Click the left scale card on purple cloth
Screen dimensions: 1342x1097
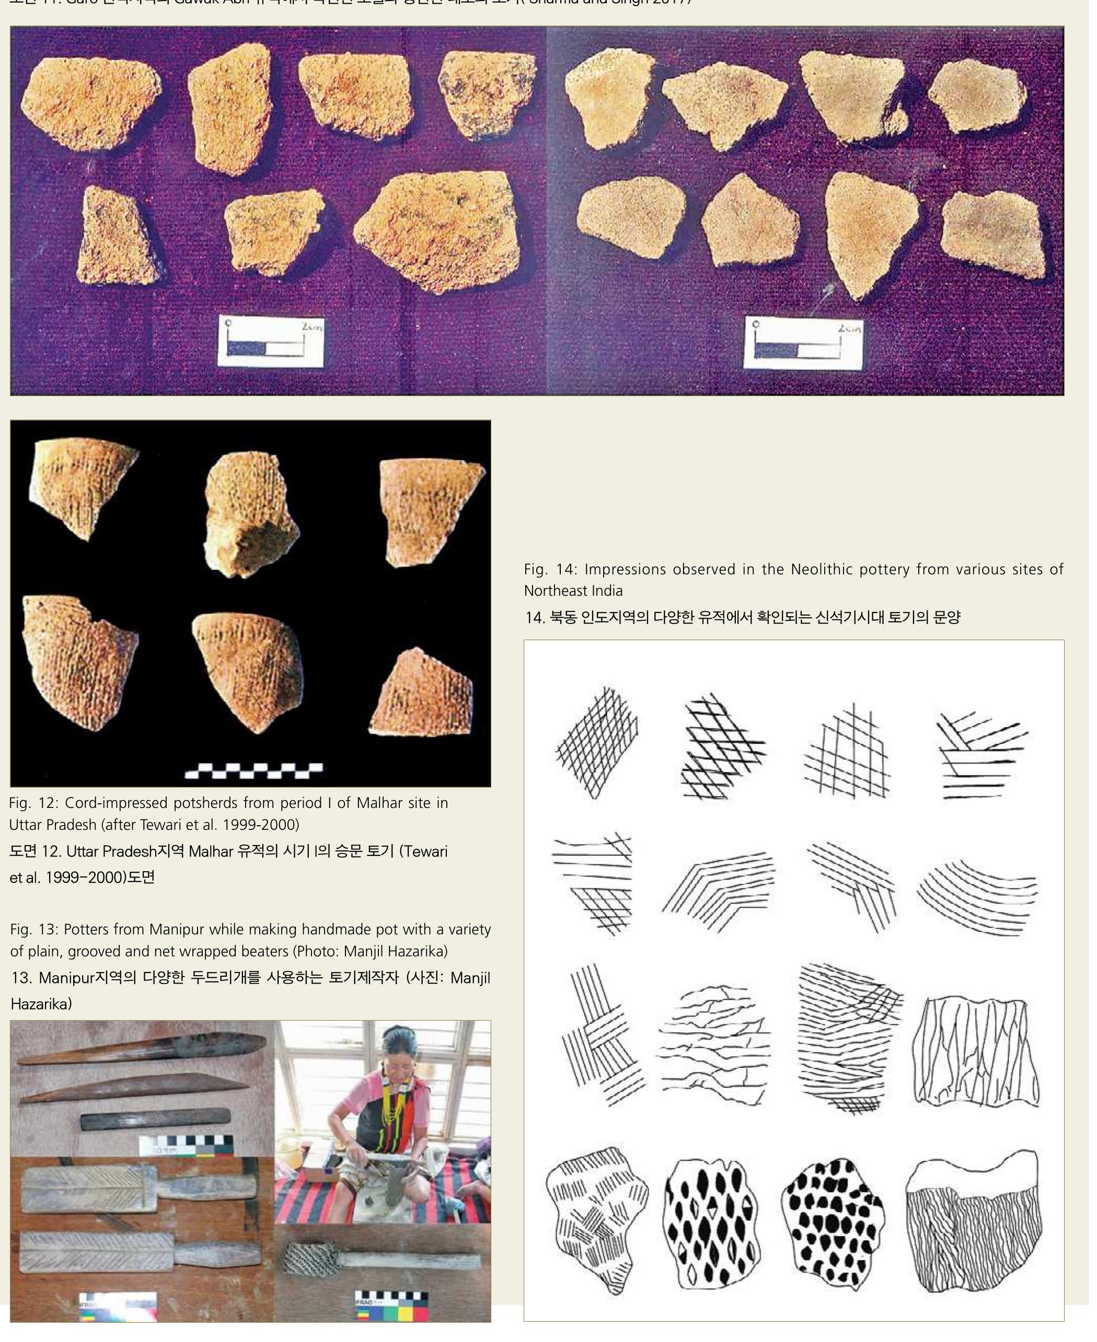(x=270, y=342)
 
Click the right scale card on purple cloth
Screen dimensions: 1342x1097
(x=804, y=344)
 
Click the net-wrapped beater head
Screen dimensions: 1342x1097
(x=308, y=1258)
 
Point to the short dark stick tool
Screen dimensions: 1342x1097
(x=155, y=1121)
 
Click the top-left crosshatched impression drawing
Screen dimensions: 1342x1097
(x=596, y=743)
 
